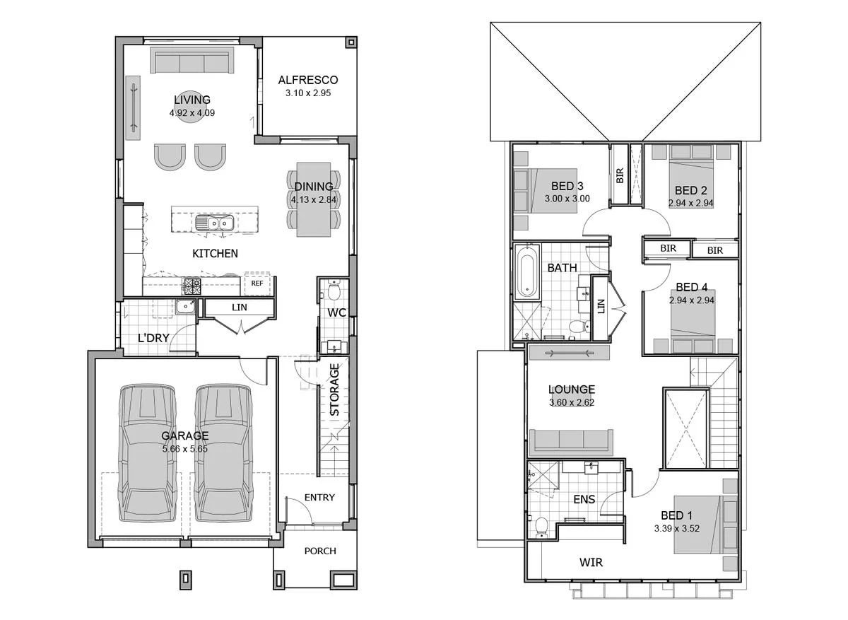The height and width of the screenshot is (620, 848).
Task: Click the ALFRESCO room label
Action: tap(307, 80)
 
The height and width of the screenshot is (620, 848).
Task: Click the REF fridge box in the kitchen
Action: tap(257, 283)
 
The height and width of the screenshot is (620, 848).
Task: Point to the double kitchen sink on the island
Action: tap(216, 223)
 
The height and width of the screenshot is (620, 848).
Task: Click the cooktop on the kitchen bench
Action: tap(192, 286)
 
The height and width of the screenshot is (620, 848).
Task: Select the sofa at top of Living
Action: tap(192, 62)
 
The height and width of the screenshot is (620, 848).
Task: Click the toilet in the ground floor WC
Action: tap(333, 291)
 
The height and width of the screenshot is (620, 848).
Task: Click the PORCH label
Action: tap(320, 551)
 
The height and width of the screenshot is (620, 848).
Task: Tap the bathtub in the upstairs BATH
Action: tap(526, 271)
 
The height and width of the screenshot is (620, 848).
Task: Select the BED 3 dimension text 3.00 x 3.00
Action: tap(567, 199)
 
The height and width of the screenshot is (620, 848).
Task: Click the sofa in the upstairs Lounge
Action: tap(573, 441)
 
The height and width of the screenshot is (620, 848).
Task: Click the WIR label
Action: tap(591, 562)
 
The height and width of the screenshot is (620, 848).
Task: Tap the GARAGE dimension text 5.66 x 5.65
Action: tap(184, 448)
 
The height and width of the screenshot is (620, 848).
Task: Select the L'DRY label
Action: tap(153, 338)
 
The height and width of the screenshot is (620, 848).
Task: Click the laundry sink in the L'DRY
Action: tap(187, 306)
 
